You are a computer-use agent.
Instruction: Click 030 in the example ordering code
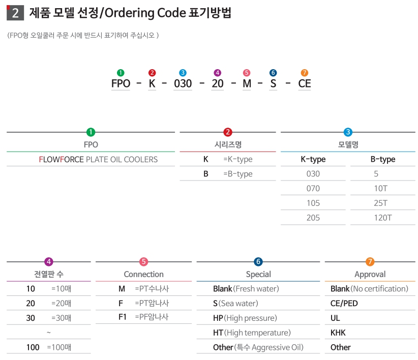click(183, 83)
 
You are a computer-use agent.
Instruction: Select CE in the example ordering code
click(304, 83)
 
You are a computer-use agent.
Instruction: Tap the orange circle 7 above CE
click(304, 73)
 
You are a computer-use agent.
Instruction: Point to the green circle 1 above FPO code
click(121, 73)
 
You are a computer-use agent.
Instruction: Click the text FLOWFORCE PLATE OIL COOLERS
click(98, 160)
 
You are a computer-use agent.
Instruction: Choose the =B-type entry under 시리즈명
click(237, 174)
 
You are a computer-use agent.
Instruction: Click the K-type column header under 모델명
click(313, 160)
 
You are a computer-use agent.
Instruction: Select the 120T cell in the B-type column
click(382, 218)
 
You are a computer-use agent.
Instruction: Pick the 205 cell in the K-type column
click(313, 218)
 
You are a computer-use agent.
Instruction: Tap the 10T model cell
click(380, 189)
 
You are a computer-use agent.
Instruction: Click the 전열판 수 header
click(49, 275)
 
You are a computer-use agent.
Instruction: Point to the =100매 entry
click(59, 347)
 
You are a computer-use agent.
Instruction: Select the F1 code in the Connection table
click(122, 317)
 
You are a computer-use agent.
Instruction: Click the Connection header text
click(143, 275)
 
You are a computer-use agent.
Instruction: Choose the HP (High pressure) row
click(245, 318)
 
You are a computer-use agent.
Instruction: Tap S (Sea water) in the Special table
click(235, 304)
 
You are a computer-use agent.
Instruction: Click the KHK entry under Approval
click(338, 333)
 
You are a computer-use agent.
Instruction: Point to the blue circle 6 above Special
click(258, 262)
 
